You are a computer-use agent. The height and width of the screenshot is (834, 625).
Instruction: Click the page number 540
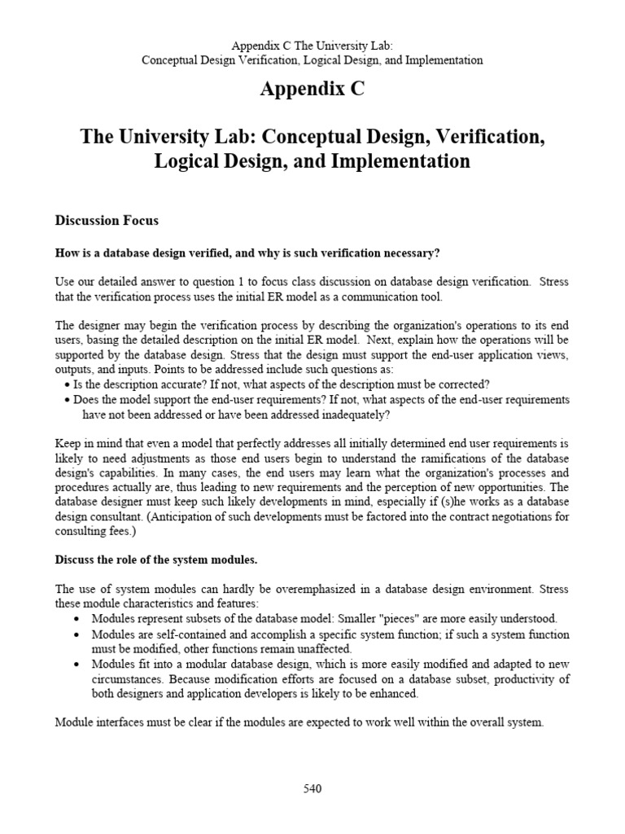(312, 788)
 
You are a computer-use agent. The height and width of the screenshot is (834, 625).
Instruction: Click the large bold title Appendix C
(312, 90)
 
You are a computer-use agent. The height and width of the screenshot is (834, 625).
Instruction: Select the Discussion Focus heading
(107, 221)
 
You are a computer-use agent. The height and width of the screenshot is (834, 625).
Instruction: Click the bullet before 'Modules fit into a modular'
(76, 665)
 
